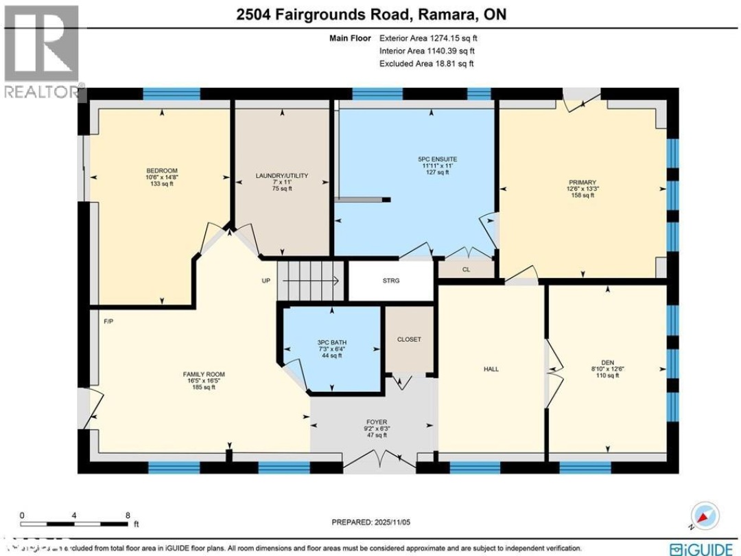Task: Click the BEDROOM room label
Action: pyautogui.click(x=162, y=171)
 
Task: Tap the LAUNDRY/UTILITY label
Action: pyautogui.click(x=282, y=176)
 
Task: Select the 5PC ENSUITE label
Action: pyautogui.click(x=437, y=159)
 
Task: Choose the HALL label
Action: pyautogui.click(x=491, y=369)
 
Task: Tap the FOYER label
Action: pyautogui.click(x=376, y=422)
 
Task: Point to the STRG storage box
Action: pyautogui.click(x=391, y=281)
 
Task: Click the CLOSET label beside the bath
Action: pyautogui.click(x=409, y=339)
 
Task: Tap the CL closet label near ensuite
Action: pyautogui.click(x=466, y=270)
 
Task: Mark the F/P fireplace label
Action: pyautogui.click(x=108, y=321)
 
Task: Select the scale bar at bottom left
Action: pyautogui.click(x=75, y=516)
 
